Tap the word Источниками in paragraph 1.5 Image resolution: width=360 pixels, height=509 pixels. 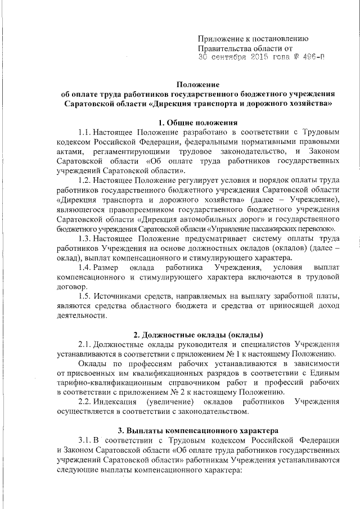click(120, 296)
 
